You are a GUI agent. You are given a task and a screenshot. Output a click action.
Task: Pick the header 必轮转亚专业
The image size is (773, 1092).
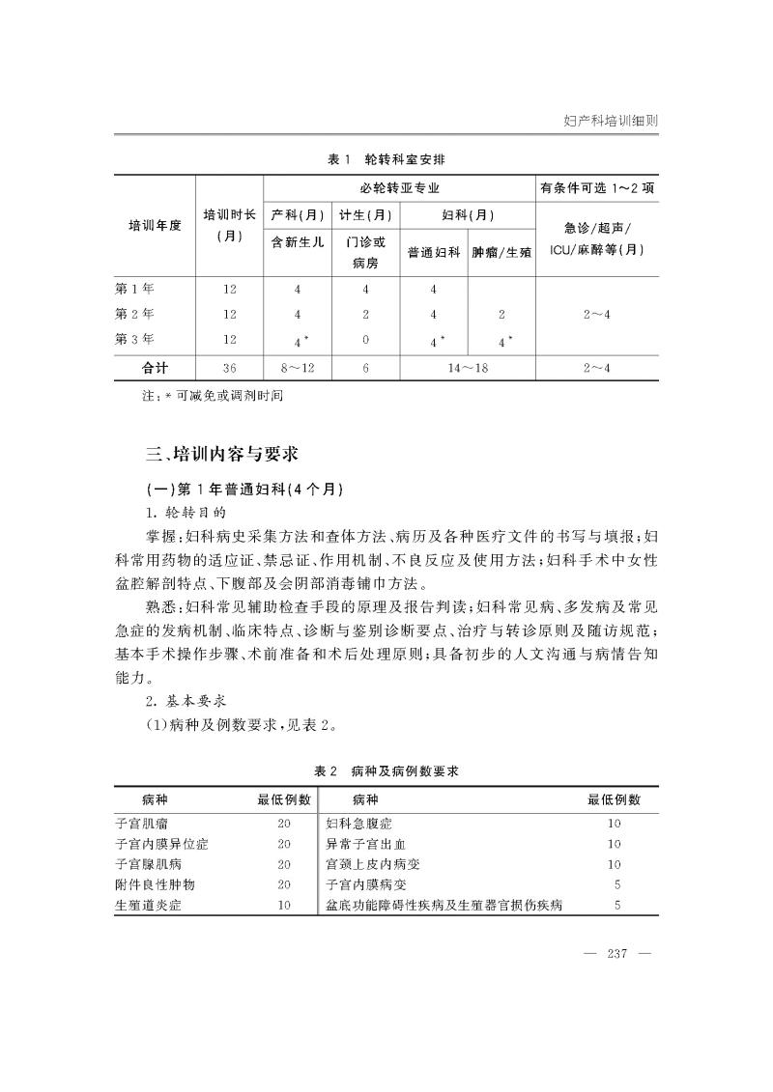point(399,187)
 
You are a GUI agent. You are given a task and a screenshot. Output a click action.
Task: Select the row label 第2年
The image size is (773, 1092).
point(134,314)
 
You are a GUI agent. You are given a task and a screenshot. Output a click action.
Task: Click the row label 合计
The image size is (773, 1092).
point(155,367)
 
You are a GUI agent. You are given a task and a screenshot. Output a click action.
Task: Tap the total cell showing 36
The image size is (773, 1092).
point(229,367)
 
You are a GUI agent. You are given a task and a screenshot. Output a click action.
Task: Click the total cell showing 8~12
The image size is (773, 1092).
point(298,367)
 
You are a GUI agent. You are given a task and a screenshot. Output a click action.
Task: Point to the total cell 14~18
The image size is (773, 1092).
point(468,367)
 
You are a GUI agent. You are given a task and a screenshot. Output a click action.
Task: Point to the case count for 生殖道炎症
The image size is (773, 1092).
point(284,905)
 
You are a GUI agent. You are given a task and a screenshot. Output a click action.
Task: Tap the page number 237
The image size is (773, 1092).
point(617,954)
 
